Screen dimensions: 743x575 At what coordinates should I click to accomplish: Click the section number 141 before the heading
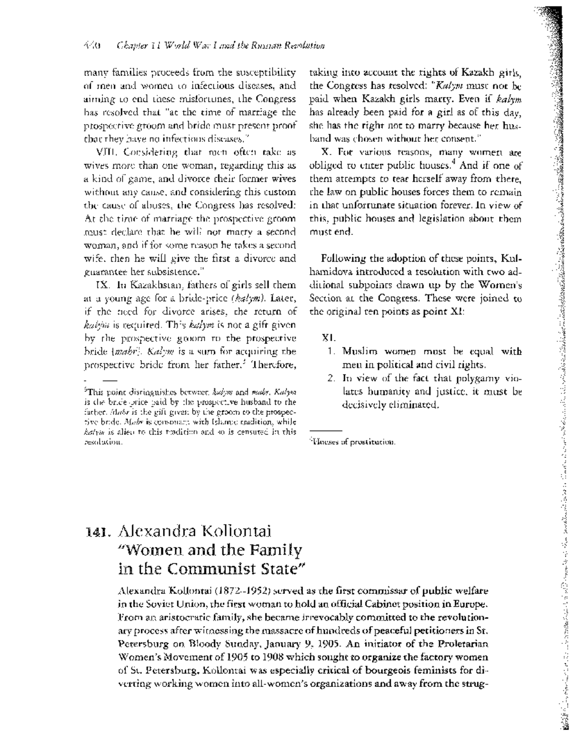99,532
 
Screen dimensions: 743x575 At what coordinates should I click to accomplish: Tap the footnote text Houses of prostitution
352,442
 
